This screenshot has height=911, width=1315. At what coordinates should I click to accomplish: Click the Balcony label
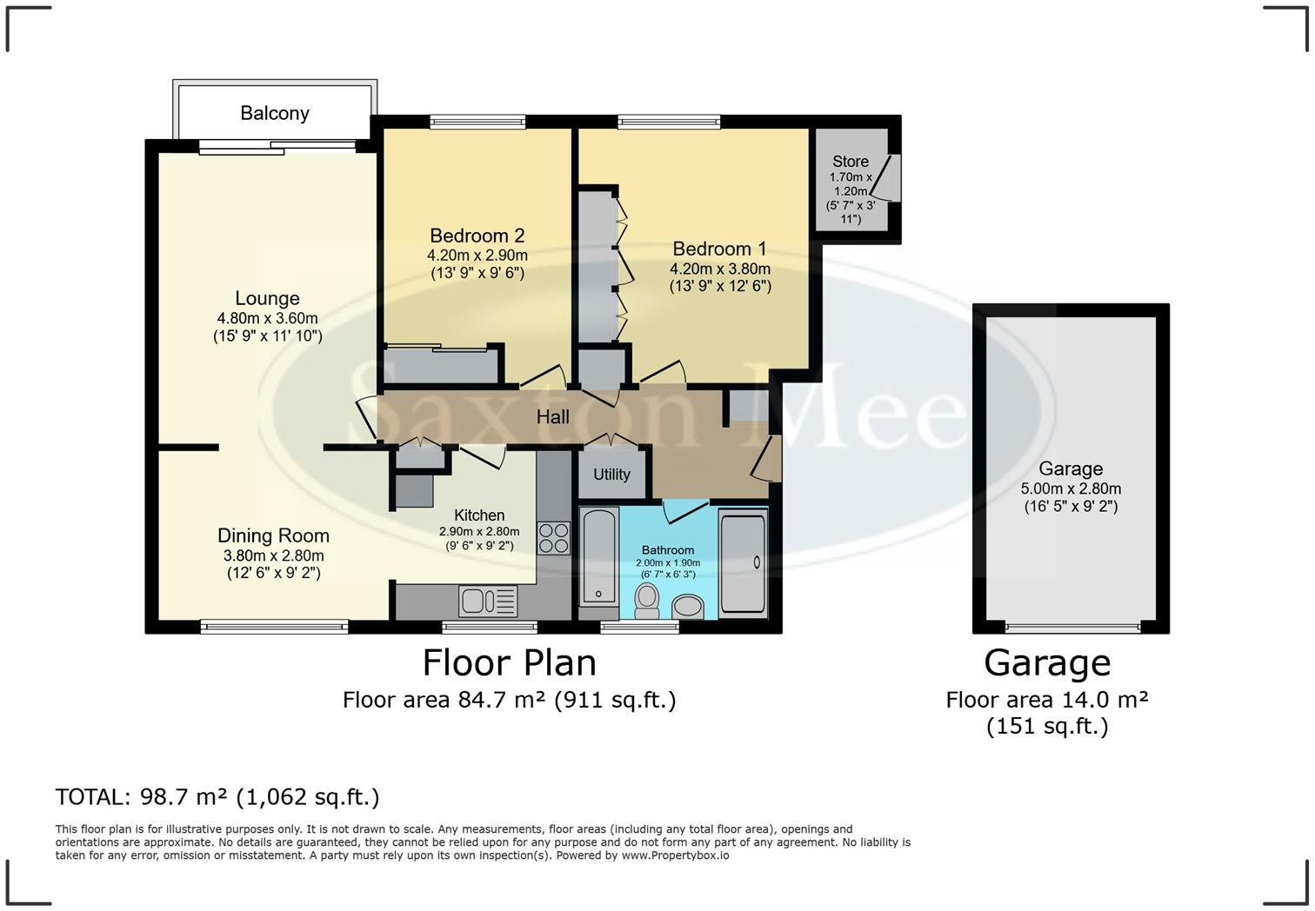[x=275, y=113]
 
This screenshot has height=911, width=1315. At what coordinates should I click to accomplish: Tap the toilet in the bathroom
[x=647, y=602]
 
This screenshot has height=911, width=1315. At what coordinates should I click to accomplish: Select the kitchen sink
[x=488, y=602]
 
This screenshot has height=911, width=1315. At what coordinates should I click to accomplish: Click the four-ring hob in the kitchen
[x=553, y=538]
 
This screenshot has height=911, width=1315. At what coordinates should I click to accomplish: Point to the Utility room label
[x=611, y=474]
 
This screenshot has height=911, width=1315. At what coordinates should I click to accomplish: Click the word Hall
[x=552, y=417]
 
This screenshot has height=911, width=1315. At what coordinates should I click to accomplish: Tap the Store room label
[x=850, y=162]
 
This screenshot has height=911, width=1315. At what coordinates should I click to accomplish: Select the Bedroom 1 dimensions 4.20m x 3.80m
[x=720, y=269]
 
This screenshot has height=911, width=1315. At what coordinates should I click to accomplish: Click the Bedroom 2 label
[x=477, y=236]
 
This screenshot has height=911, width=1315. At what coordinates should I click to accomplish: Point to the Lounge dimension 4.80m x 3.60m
[x=267, y=318]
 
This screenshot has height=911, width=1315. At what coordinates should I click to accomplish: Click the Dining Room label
[x=273, y=535]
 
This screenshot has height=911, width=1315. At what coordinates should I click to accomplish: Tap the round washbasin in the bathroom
[x=688, y=607]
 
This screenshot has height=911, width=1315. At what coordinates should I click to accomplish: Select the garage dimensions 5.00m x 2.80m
[x=1071, y=489]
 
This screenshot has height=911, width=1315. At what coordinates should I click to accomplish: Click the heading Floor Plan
[x=510, y=663]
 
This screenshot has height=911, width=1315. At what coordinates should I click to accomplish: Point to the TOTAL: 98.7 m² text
[x=141, y=796]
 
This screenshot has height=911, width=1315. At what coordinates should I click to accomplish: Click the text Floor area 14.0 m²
[x=1047, y=700]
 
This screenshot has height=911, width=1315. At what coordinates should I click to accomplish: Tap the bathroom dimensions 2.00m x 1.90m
[x=667, y=562]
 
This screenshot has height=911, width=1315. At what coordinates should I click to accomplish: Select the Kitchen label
[x=479, y=515]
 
